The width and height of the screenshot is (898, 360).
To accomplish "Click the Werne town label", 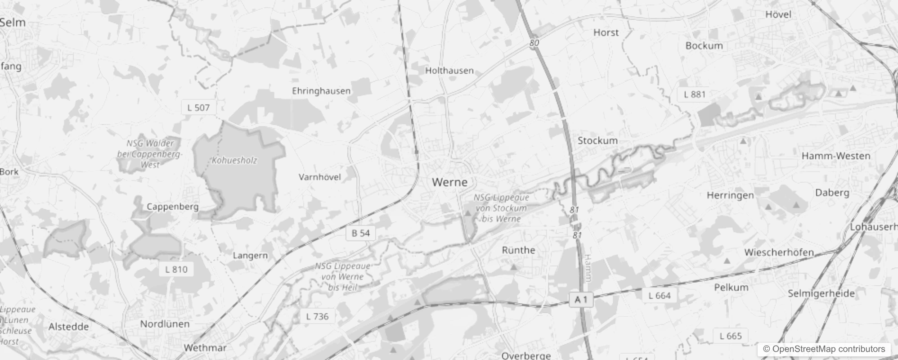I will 449,182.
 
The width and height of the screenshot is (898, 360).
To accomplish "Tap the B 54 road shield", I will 360,233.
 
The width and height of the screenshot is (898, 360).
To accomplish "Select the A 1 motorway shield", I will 581,299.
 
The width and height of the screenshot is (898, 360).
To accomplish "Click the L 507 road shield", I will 198,108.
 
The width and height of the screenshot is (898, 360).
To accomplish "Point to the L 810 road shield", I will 176,270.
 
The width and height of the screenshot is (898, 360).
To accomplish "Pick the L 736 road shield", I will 317,316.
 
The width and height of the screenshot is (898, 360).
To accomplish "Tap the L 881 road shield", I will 694,94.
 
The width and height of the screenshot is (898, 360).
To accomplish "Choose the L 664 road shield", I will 660,296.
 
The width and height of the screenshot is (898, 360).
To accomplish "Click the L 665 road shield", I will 730,336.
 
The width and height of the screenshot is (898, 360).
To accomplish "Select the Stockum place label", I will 597,141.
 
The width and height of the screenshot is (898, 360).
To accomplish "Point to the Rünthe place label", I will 518,250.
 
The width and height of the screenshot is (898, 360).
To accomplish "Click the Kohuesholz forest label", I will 234,161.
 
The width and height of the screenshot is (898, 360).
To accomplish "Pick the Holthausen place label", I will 449,71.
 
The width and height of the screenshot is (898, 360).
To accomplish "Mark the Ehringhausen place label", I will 321,91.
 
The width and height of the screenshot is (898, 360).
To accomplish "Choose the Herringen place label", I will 730,195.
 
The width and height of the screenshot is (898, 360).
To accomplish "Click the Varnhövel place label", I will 319,177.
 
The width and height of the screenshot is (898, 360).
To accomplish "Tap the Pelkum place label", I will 731,288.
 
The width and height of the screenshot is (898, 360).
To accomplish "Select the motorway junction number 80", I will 534,43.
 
